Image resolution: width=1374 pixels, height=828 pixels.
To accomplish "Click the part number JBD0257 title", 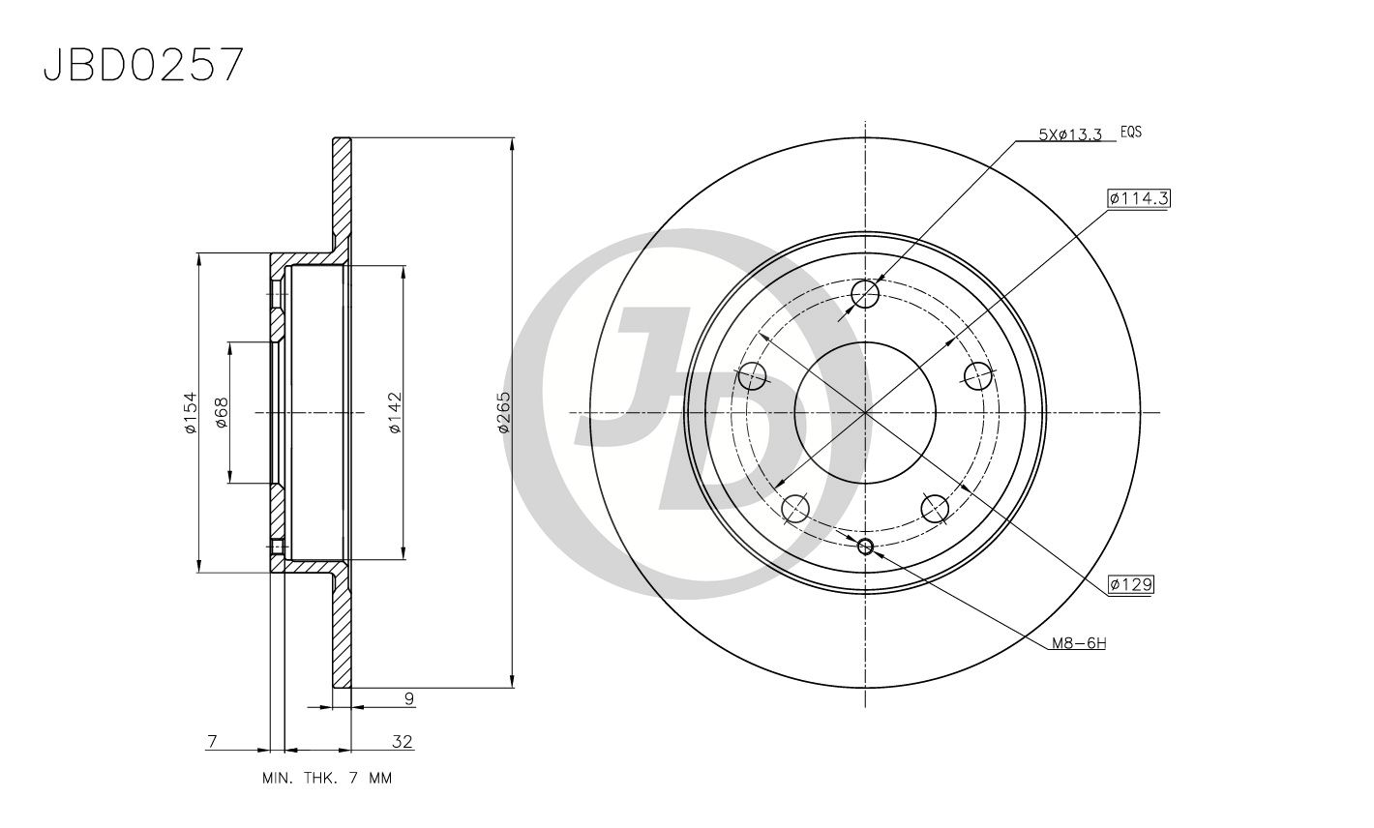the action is coord(143,65).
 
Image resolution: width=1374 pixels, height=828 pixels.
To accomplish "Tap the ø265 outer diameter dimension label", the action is coord(503,412).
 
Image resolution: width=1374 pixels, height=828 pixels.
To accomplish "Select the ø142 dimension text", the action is coord(395,412).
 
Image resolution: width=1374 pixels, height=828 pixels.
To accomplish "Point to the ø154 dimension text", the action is coord(191,412).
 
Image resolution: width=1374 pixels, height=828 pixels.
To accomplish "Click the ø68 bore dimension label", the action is coord(221,412).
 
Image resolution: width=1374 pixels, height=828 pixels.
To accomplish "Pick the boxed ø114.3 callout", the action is coord(1139,198).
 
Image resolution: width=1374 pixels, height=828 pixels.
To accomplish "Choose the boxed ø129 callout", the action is coord(1131,584).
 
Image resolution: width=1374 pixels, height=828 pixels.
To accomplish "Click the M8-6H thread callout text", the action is coord(1079,643).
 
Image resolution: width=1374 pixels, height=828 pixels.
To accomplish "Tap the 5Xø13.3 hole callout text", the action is coord(1070,134).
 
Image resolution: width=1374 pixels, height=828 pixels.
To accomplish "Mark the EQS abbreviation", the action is coord(1131,132).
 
